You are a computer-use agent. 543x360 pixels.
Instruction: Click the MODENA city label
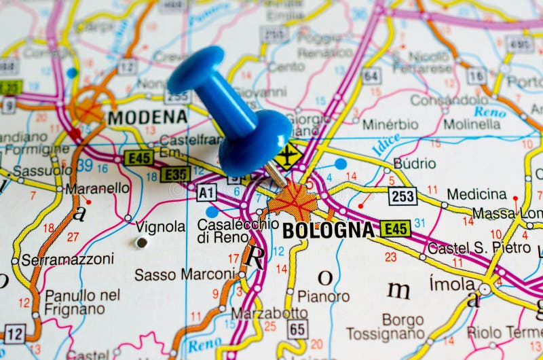(x=147, y=117)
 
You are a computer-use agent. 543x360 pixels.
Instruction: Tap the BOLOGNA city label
(x=329, y=230)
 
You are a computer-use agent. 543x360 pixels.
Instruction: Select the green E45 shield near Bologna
(x=395, y=228)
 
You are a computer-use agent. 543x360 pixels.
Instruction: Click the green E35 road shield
(x=175, y=175)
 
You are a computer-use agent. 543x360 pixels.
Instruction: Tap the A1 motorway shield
(x=206, y=193)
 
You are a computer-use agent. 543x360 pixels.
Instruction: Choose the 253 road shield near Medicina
(x=402, y=196)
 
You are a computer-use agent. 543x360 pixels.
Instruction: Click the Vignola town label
(x=161, y=226)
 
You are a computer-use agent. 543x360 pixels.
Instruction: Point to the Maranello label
(x=98, y=188)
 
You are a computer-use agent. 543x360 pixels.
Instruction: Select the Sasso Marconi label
(x=185, y=274)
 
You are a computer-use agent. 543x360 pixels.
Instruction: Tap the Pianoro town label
(x=323, y=296)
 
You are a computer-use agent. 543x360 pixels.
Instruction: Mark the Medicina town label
(x=476, y=194)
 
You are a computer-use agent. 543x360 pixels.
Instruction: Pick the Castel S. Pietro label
(x=479, y=248)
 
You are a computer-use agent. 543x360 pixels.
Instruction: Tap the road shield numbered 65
(x=297, y=329)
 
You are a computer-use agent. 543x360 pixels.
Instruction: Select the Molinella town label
(x=472, y=124)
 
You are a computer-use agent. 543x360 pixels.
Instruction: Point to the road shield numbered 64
(x=371, y=75)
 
